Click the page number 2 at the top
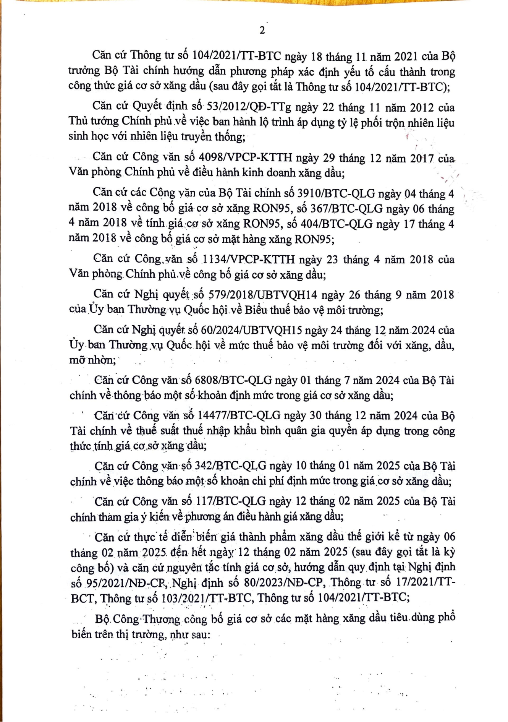point(262,31)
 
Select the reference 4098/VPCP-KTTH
point(246,157)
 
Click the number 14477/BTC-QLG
point(238,415)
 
